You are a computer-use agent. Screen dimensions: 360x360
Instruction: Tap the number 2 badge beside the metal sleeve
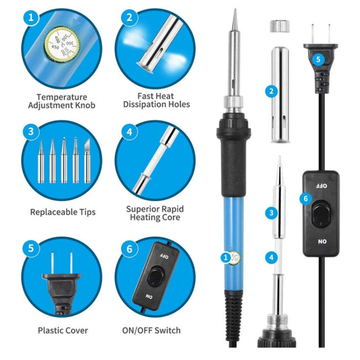[272, 91]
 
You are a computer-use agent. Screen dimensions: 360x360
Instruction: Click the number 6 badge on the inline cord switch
[305, 198]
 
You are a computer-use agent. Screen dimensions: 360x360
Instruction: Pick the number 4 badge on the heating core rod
[271, 257]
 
